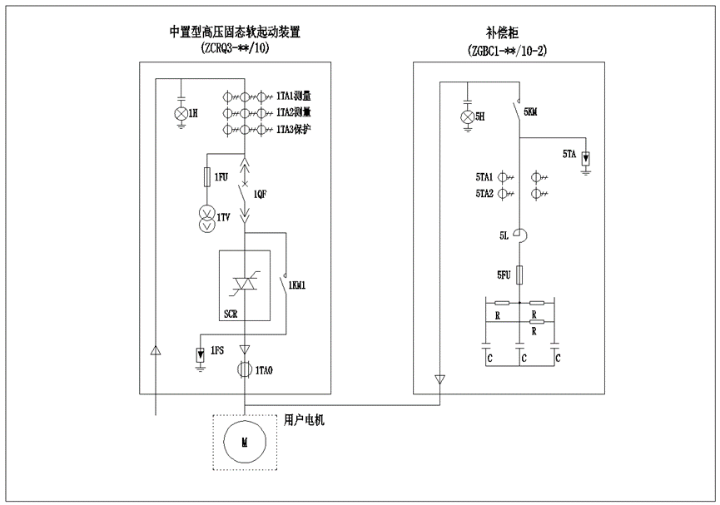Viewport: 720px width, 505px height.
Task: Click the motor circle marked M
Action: click(x=245, y=444)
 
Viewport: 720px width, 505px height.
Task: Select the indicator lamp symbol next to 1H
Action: click(x=179, y=112)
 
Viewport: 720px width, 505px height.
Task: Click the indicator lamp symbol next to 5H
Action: click(x=466, y=116)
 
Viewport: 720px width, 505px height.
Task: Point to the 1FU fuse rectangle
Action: click(x=207, y=177)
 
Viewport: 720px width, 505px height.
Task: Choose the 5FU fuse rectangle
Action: click(x=518, y=274)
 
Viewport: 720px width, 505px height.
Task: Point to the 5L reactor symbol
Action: click(x=518, y=235)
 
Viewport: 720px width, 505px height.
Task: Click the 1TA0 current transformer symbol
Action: click(x=245, y=369)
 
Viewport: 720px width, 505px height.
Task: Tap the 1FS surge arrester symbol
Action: click(x=201, y=354)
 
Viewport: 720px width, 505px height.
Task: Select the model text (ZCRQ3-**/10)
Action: click(x=236, y=49)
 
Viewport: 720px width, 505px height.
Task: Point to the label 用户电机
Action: click(x=304, y=420)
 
